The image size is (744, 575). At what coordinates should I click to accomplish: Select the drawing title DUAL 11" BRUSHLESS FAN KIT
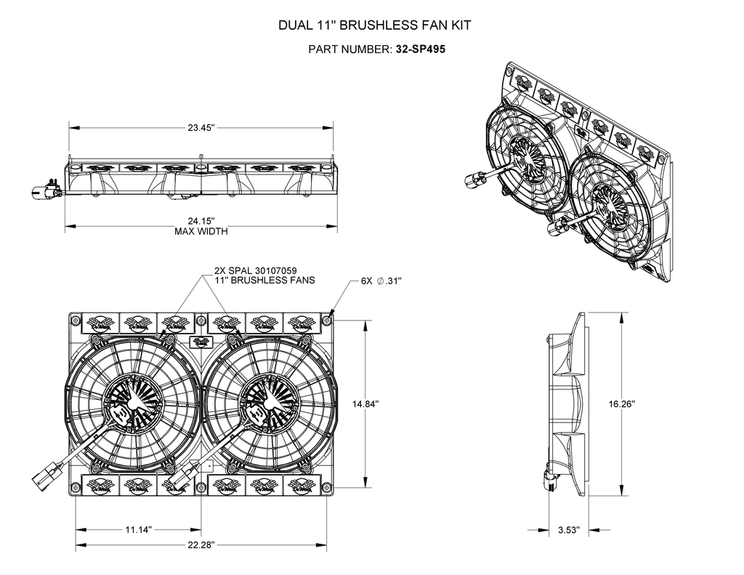click(375, 25)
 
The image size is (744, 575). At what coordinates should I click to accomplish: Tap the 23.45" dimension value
click(201, 128)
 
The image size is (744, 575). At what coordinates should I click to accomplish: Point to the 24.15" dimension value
click(201, 221)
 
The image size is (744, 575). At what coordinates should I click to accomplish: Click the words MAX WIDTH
click(201, 232)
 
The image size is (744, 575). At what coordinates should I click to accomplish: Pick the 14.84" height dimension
click(365, 403)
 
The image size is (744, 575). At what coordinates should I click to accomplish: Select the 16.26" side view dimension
click(623, 403)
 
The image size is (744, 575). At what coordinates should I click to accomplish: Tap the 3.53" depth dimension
click(568, 531)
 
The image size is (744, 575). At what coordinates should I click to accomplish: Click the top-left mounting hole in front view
click(76, 320)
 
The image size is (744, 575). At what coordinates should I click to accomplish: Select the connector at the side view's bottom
click(548, 476)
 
